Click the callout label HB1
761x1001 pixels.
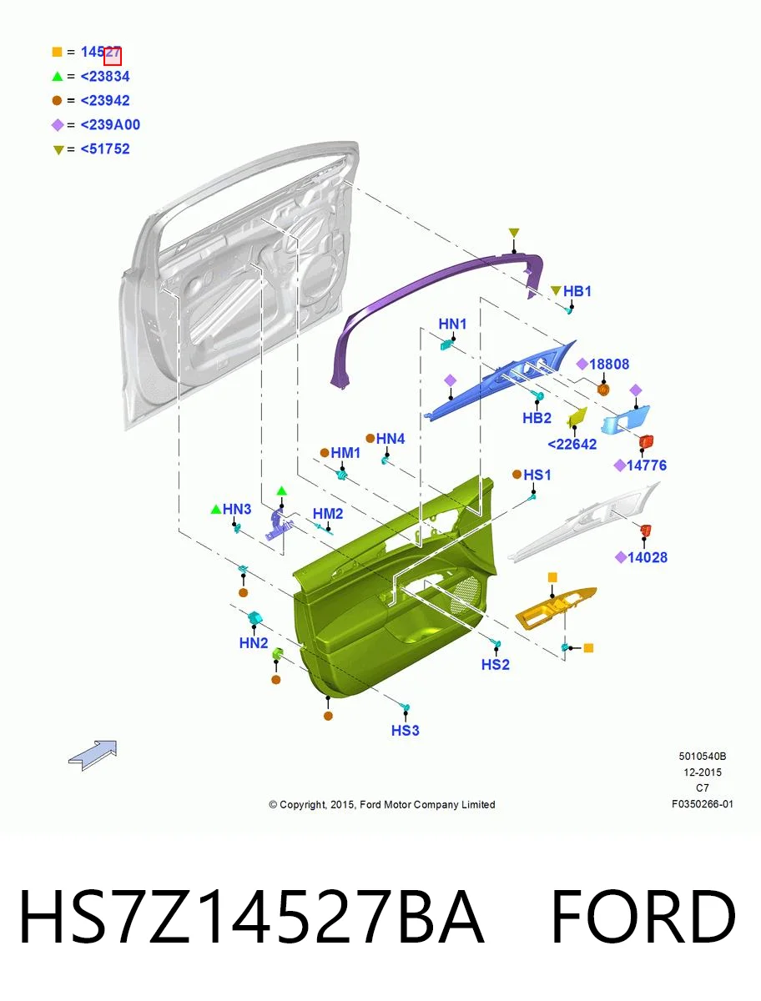pyautogui.click(x=577, y=291)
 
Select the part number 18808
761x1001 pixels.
pyautogui.click(x=608, y=364)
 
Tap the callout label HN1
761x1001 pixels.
pyautogui.click(x=452, y=324)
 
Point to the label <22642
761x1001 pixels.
pyautogui.click(x=572, y=444)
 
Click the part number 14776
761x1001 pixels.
pyautogui.click(x=646, y=465)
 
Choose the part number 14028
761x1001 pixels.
pyautogui.click(x=647, y=557)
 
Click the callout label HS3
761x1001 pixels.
pyautogui.click(x=405, y=730)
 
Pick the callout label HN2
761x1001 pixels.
pyautogui.click(x=253, y=643)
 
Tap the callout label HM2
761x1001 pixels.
pyautogui.click(x=327, y=514)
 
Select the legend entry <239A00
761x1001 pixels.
pyautogui.click(x=110, y=124)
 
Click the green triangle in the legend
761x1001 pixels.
pyautogui.click(x=57, y=76)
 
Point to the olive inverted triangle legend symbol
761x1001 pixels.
pyautogui.click(x=58, y=149)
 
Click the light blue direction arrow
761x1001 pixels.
pyautogui.click(x=93, y=755)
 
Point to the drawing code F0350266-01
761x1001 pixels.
pyautogui.click(x=703, y=804)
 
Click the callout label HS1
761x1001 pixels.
pyautogui.click(x=537, y=475)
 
